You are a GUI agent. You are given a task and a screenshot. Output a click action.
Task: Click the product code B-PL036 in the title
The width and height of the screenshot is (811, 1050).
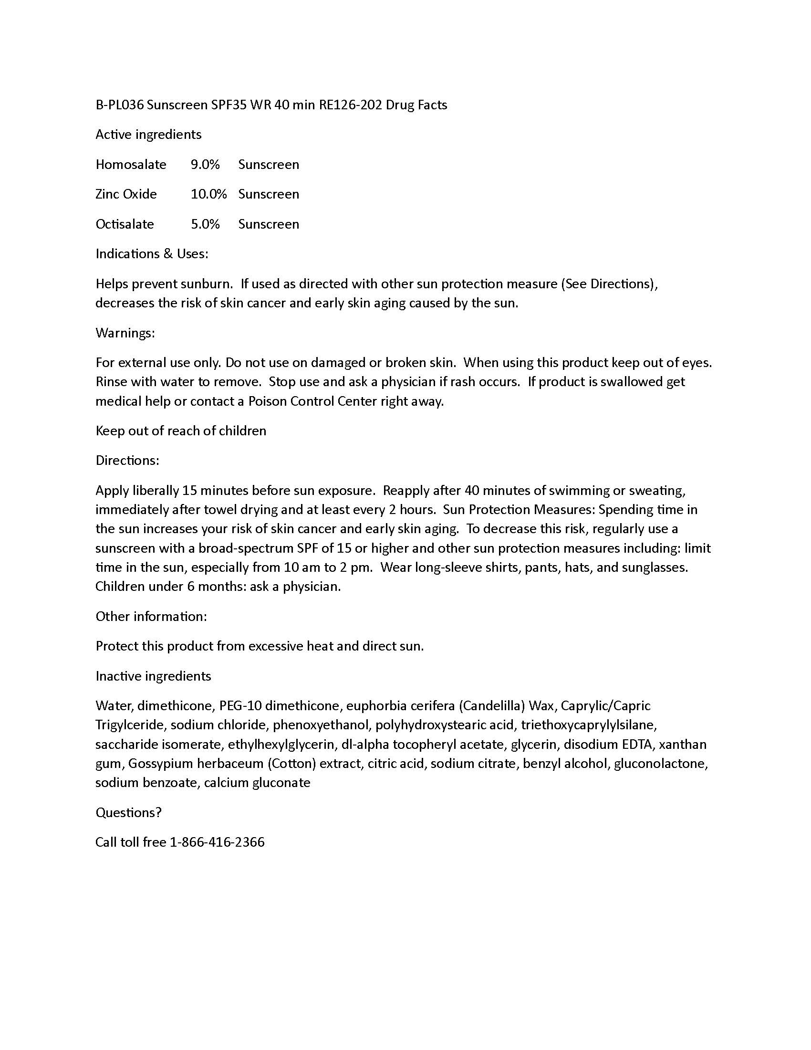120,105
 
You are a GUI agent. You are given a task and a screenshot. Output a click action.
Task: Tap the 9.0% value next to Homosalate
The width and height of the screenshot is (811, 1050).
205,165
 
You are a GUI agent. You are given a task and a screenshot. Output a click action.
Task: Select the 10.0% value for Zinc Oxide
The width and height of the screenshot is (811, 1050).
208,194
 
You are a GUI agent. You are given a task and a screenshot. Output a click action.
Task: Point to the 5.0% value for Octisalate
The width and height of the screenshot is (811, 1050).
205,224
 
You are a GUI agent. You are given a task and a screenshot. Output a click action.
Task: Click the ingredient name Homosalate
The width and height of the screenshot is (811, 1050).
131,165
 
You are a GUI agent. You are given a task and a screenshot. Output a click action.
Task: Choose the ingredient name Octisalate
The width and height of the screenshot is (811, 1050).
125,224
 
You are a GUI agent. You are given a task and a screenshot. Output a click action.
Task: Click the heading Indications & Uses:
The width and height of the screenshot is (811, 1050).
152,254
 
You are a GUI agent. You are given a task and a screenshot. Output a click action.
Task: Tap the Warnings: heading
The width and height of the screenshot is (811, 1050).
125,333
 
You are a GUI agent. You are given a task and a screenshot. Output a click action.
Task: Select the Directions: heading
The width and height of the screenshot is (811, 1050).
127,461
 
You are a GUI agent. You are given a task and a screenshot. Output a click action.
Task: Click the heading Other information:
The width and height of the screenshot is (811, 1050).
151,616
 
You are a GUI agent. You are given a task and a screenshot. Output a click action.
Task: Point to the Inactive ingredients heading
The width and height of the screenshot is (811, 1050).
153,676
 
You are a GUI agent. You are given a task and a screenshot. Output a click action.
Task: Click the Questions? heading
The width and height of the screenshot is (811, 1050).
128,812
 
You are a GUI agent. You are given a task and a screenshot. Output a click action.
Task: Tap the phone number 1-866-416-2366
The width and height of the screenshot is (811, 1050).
217,842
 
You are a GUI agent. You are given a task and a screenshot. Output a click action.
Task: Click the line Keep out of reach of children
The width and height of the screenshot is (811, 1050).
181,431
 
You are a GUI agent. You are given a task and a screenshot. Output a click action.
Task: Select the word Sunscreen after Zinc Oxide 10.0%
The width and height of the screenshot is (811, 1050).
269,194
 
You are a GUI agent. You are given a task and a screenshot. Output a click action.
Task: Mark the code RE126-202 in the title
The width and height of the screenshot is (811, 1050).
350,105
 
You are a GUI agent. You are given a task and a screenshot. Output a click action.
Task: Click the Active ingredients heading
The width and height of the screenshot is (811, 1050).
148,135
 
